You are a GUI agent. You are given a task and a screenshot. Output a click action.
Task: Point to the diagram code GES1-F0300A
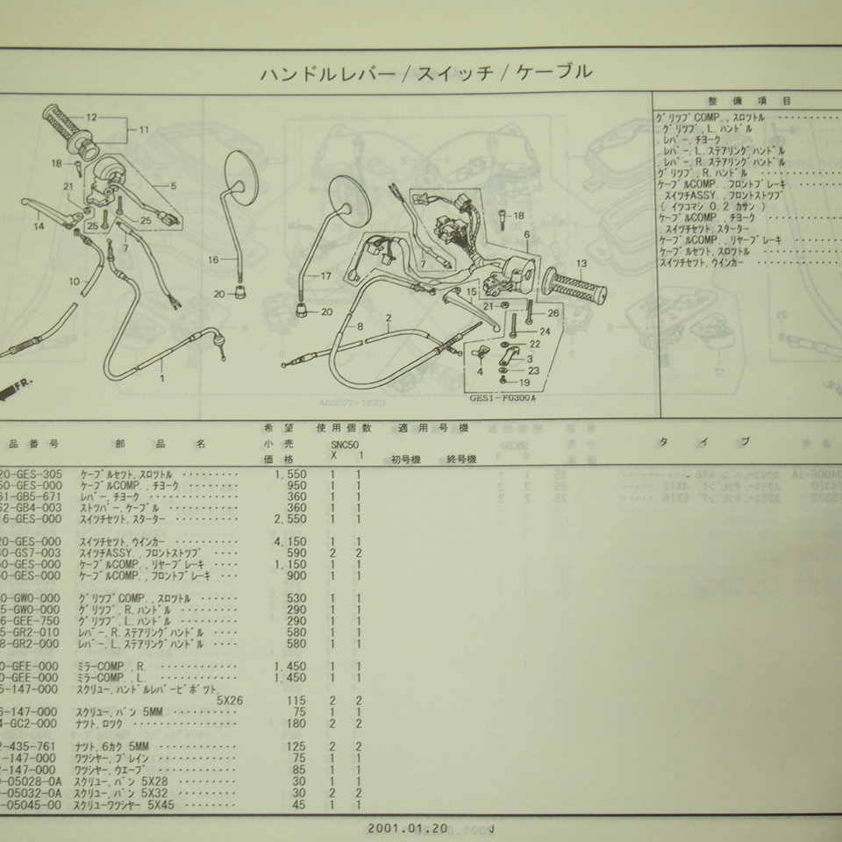pos(509,397)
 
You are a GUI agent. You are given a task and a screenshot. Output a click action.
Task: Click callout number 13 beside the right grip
pos(582,264)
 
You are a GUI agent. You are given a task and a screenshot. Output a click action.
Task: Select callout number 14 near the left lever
pos(38,227)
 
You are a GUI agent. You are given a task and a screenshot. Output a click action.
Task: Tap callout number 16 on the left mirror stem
pos(212,260)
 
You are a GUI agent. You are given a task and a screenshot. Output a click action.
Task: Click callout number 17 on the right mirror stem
pos(325,275)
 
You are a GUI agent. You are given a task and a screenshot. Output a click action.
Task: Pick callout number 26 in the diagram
pos(553,313)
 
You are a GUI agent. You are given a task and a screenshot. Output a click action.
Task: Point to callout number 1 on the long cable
pos(161,380)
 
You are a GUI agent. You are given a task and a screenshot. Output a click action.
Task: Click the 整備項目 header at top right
pos(748,102)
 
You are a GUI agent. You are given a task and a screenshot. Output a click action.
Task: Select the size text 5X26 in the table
pos(232,699)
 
